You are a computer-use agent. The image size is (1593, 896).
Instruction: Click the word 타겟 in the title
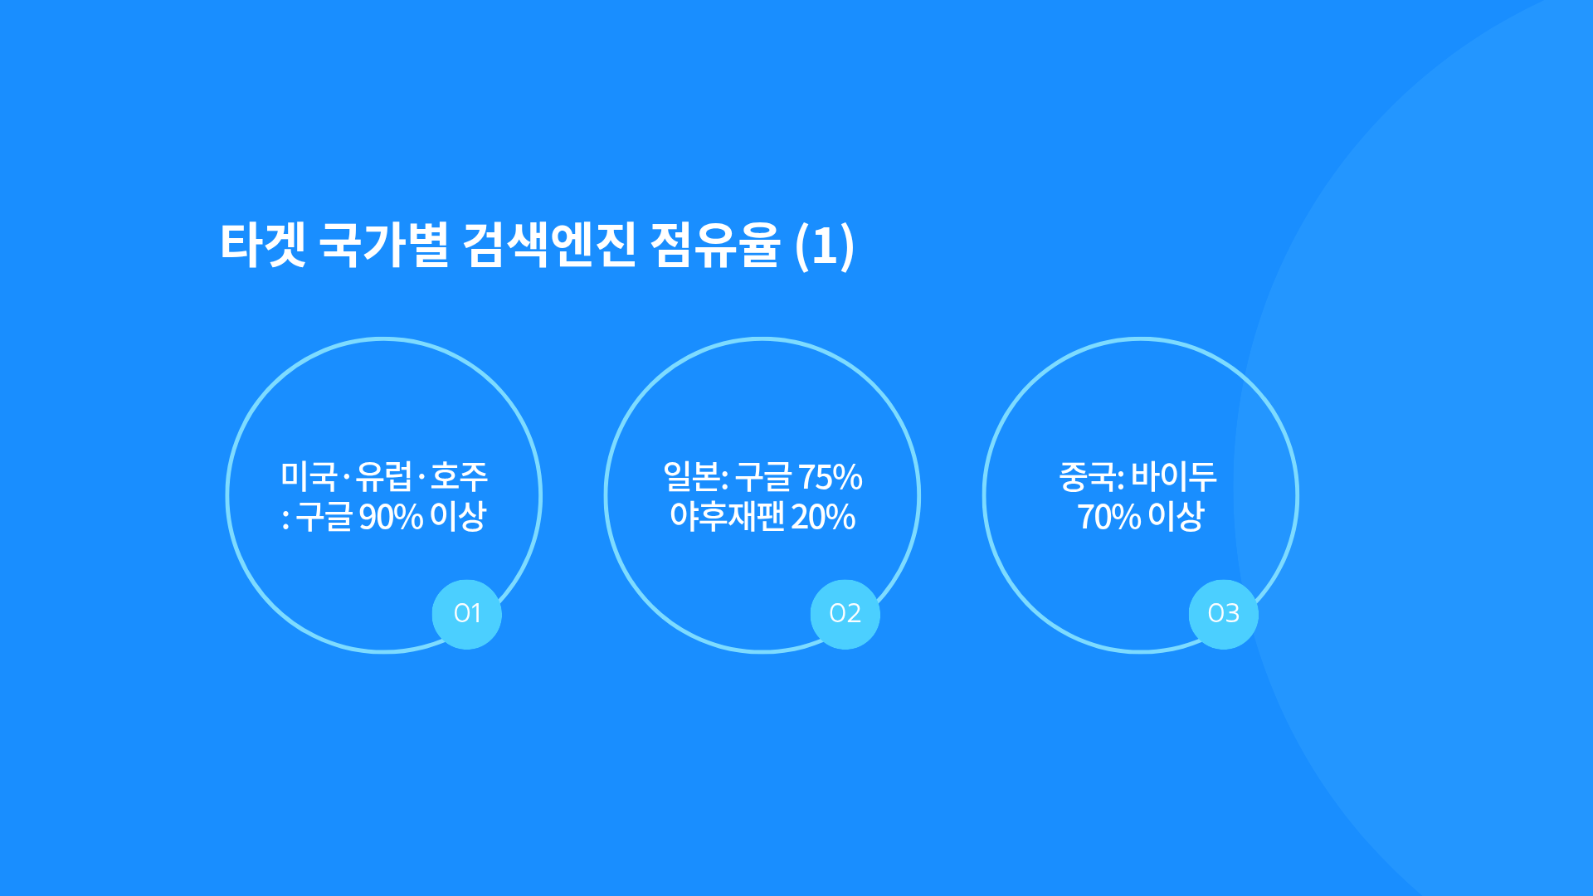(263, 245)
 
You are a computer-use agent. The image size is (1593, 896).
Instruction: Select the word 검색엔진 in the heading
(548, 245)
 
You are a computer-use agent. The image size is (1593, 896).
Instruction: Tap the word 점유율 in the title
(715, 245)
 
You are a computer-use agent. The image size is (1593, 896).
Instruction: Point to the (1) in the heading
(824, 246)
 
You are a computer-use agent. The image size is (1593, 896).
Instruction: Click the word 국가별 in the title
(383, 245)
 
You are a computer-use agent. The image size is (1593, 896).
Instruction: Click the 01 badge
(467, 614)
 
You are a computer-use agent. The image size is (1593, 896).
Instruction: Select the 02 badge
(845, 614)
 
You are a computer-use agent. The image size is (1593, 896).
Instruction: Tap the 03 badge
(1224, 614)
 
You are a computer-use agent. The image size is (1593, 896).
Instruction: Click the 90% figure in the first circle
(391, 517)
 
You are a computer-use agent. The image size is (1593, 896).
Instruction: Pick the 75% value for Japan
(830, 477)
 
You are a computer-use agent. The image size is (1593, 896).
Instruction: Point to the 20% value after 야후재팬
(823, 517)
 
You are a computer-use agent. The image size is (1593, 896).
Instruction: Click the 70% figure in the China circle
(1109, 517)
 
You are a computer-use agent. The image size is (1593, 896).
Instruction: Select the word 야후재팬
(727, 516)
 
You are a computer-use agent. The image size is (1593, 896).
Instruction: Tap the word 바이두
(1173, 476)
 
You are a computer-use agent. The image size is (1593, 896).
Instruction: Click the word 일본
(692, 476)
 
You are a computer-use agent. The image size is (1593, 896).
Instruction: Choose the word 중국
(1088, 476)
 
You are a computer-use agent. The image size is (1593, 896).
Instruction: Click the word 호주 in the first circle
(459, 476)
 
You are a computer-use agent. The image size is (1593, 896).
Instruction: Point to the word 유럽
(383, 476)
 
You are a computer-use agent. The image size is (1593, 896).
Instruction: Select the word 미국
(309, 476)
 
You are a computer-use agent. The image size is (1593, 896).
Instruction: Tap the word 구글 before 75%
(763, 476)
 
